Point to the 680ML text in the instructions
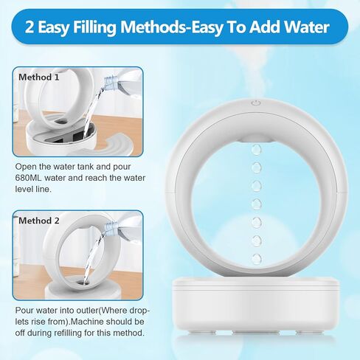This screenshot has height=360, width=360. tap(32, 178)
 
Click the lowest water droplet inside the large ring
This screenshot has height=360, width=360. tap(255, 259)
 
